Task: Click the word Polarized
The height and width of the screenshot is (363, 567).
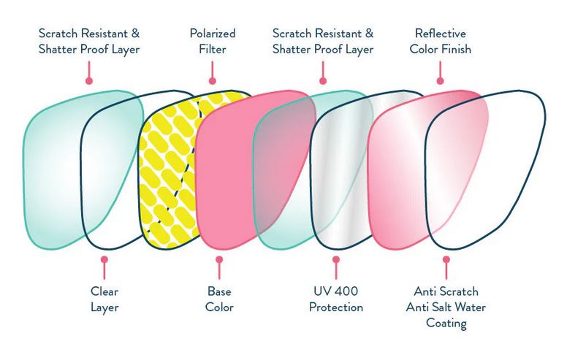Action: tap(212, 33)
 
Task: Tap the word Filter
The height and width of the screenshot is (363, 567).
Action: tap(212, 50)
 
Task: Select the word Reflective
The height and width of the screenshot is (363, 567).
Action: tap(440, 33)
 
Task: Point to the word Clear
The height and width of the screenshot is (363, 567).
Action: tap(104, 290)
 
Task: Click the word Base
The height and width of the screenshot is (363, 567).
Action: tap(219, 290)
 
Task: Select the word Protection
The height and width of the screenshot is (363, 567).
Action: tap(335, 307)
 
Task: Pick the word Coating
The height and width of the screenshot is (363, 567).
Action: tap(446, 324)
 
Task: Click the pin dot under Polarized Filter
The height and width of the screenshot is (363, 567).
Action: tap(213, 81)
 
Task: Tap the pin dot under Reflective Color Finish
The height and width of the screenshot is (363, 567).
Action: tap(440, 81)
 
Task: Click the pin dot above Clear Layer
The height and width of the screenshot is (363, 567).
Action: tap(104, 259)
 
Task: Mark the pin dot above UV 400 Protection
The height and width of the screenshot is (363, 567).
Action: tap(335, 259)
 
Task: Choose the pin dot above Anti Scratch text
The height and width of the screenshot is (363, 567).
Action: tap(446, 259)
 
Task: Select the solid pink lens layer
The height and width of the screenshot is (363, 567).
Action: tap(230, 175)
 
